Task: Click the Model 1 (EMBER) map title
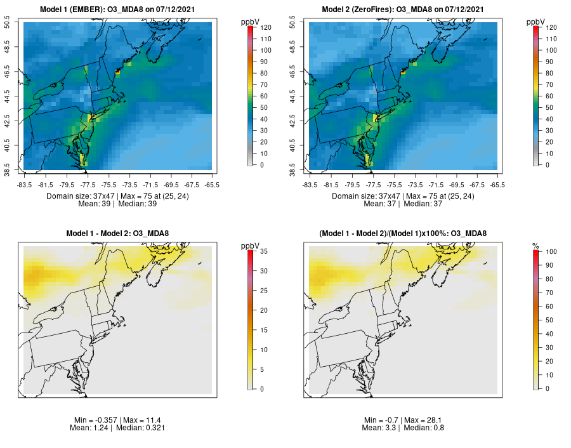click(x=117, y=10)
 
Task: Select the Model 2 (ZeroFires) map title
click(x=403, y=10)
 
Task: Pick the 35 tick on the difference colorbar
click(x=265, y=252)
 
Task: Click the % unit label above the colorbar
click(x=535, y=246)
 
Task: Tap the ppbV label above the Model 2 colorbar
click(x=536, y=22)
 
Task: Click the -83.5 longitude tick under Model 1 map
click(x=25, y=185)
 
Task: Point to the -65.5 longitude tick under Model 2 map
click(x=497, y=185)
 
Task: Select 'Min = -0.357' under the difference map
click(x=96, y=421)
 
